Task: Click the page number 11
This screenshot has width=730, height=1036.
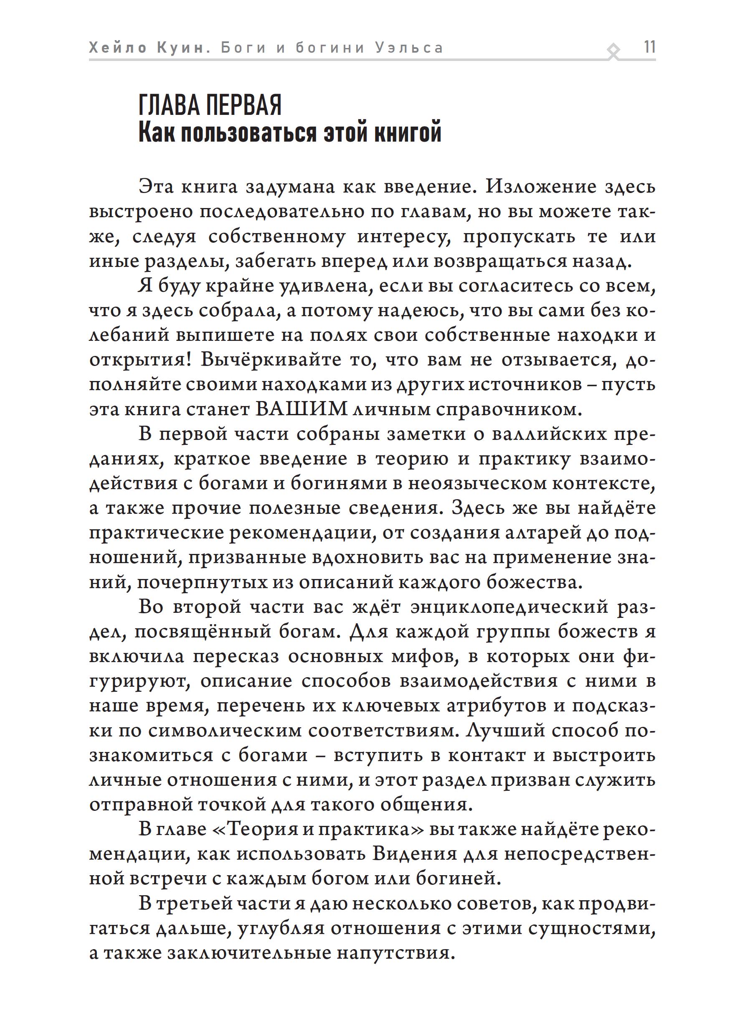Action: [x=649, y=47]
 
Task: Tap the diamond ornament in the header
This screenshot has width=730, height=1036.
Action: [x=613, y=51]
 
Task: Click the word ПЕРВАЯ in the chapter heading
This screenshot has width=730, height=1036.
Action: [x=243, y=106]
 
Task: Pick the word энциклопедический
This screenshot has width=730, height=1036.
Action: [x=509, y=607]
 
